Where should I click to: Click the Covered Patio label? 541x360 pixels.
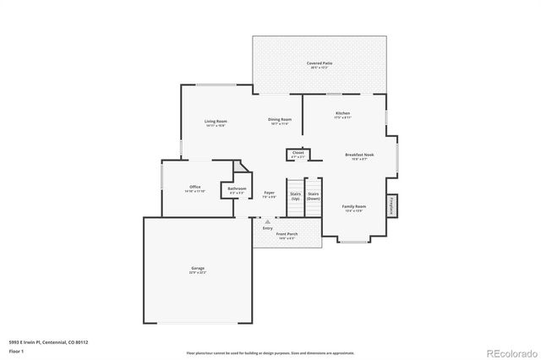click(x=319, y=64)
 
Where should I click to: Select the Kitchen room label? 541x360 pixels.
click(x=342, y=114)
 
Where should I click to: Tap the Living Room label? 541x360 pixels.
click(x=216, y=123)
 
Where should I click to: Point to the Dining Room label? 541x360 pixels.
click(x=280, y=121)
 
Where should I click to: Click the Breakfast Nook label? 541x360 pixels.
click(x=359, y=155)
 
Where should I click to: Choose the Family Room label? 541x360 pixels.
click(x=353, y=207)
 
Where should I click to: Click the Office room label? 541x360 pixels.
click(x=194, y=188)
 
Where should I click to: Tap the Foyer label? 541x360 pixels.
click(x=269, y=194)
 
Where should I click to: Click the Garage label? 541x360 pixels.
click(x=197, y=270)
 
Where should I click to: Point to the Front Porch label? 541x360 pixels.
click(x=287, y=234)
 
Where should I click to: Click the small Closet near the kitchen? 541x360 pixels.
click(x=298, y=155)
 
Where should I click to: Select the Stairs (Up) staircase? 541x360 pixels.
click(x=295, y=196)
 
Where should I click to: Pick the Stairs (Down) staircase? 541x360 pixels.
click(x=313, y=196)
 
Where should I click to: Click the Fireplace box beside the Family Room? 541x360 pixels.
click(x=391, y=205)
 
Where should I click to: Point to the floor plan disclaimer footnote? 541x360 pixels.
click(x=270, y=352)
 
